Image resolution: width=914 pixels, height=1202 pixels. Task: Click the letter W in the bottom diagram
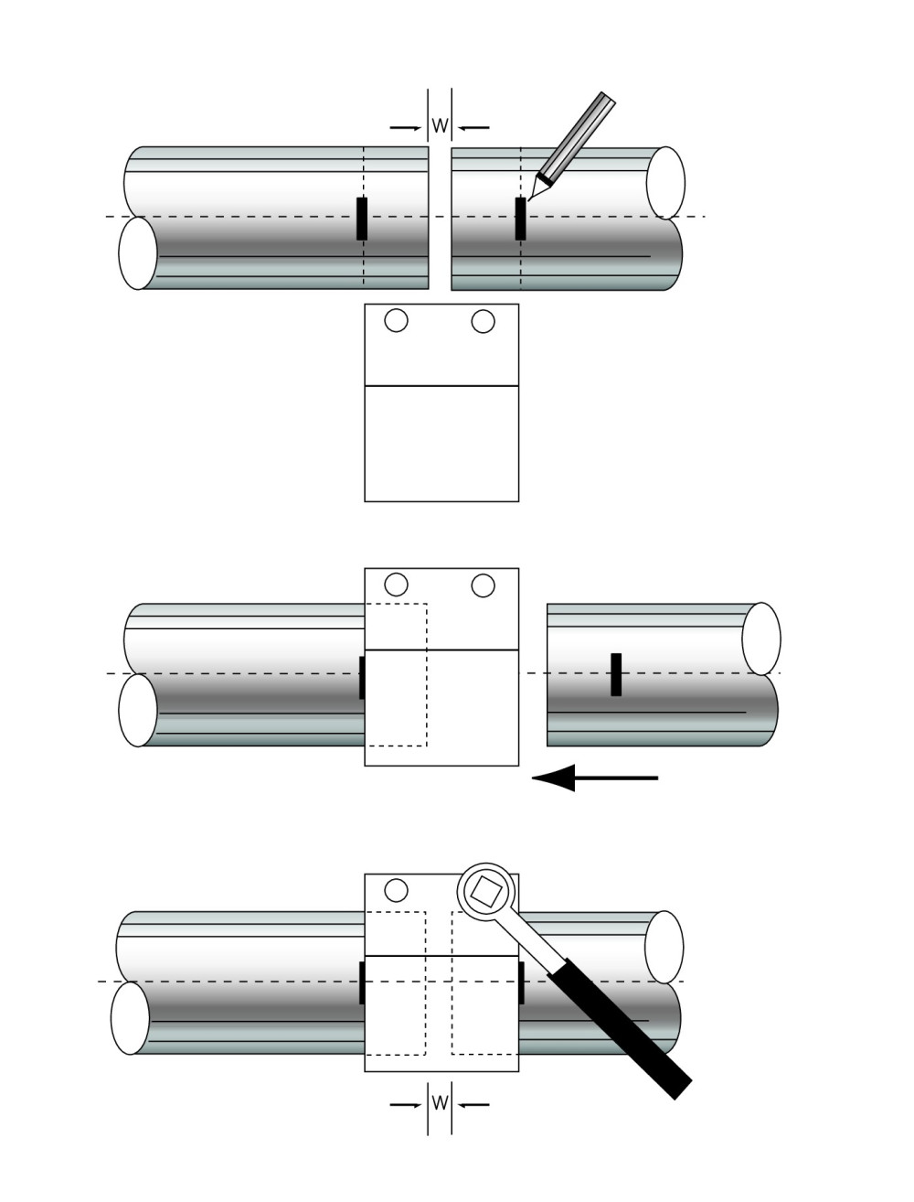point(440,1103)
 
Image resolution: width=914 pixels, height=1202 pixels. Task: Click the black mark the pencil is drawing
point(520,220)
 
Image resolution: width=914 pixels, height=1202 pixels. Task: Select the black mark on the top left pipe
point(362,219)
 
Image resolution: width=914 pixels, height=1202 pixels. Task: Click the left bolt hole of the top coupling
point(396,321)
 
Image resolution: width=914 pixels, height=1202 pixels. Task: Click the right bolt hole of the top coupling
point(483,321)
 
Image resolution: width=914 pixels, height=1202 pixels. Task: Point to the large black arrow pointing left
point(594,778)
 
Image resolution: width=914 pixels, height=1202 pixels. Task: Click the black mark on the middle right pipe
point(616,674)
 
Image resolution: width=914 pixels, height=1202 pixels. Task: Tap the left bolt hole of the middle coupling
point(396,585)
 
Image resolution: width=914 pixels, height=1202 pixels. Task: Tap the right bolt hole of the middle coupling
point(483,585)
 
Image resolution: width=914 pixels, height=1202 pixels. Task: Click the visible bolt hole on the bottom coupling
point(396,889)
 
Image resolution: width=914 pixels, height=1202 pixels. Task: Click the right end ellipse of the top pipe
point(665,182)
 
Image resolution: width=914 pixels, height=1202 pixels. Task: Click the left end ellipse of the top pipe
point(138,253)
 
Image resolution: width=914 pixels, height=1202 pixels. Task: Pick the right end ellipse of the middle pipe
point(761,639)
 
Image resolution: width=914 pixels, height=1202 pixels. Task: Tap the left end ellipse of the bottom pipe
point(131,1018)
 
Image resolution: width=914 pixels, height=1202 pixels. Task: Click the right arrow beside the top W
point(474,127)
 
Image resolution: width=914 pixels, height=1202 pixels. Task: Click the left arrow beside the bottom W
point(405,1104)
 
